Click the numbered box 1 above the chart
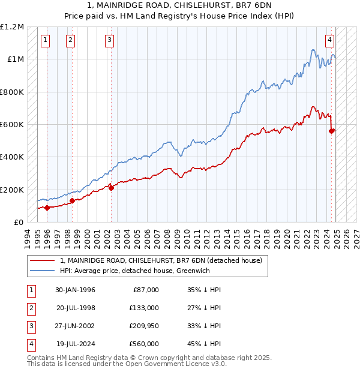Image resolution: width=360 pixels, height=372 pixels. pyautogui.click(x=46, y=40)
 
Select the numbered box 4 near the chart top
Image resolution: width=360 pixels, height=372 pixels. pyautogui.click(x=330, y=40)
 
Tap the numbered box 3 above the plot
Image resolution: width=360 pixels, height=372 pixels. pyautogui.click(x=110, y=40)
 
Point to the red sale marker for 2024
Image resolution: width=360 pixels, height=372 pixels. pyautogui.click(x=332, y=131)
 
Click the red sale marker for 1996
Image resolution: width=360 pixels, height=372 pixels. pyautogui.click(x=47, y=208)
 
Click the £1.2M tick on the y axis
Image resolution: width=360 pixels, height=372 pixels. pyautogui.click(x=12, y=27)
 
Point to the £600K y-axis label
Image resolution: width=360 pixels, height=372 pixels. pyautogui.click(x=12, y=124)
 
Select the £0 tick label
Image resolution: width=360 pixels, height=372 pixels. pyautogui.click(x=19, y=222)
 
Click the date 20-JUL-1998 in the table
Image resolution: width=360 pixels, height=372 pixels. pyautogui.click(x=76, y=308)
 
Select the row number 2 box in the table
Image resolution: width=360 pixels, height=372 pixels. pyautogui.click(x=30, y=308)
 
